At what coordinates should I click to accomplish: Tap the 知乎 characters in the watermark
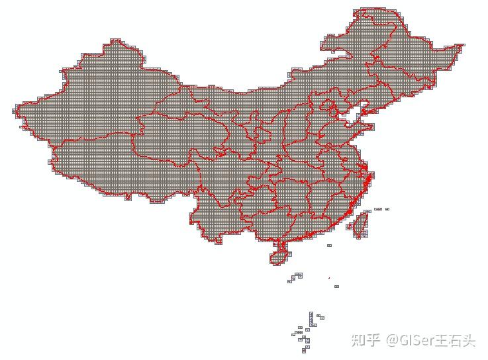[x=366, y=340]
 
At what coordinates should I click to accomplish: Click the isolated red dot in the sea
[x=329, y=277]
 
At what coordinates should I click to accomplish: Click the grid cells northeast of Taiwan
[x=381, y=209]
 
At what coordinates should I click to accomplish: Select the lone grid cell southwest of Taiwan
[x=329, y=246]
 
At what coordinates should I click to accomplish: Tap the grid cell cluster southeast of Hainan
[x=295, y=277]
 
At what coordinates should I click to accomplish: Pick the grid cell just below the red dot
[x=336, y=287]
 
